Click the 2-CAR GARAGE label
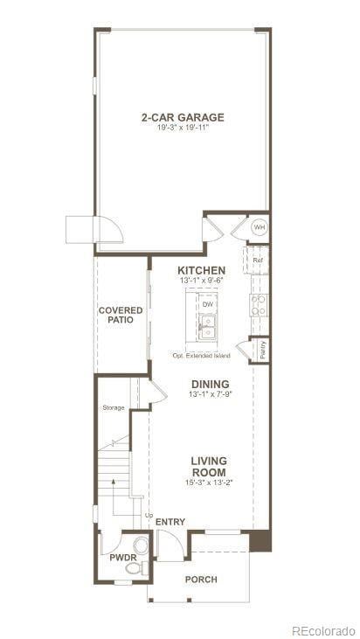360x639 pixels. (x=183, y=117)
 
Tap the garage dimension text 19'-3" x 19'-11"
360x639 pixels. (x=183, y=128)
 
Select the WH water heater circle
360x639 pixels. (x=258, y=228)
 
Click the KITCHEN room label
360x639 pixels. (x=202, y=270)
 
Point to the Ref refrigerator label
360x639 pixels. (x=258, y=260)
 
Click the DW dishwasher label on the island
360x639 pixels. (x=207, y=304)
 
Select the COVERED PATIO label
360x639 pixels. (x=120, y=315)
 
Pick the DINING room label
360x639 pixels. (x=210, y=384)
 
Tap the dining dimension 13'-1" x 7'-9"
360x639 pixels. (x=210, y=395)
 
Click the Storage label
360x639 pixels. (x=114, y=408)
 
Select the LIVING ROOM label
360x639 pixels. (x=210, y=466)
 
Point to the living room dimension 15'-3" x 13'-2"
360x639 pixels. (x=210, y=483)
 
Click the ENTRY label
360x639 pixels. (x=170, y=522)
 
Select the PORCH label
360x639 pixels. (x=201, y=580)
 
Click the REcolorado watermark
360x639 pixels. (x=323, y=629)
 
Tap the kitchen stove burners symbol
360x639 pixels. (x=259, y=304)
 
